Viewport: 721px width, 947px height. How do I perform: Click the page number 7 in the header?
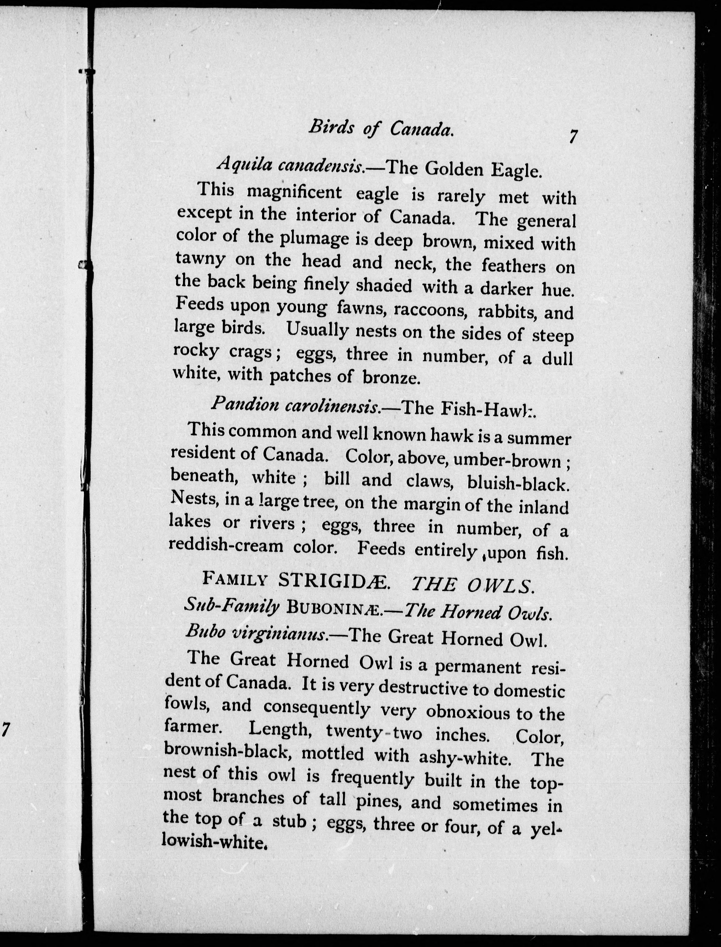coord(573,137)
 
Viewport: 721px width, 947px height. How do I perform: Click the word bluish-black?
coord(518,484)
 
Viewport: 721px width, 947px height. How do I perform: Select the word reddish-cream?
coord(226,545)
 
